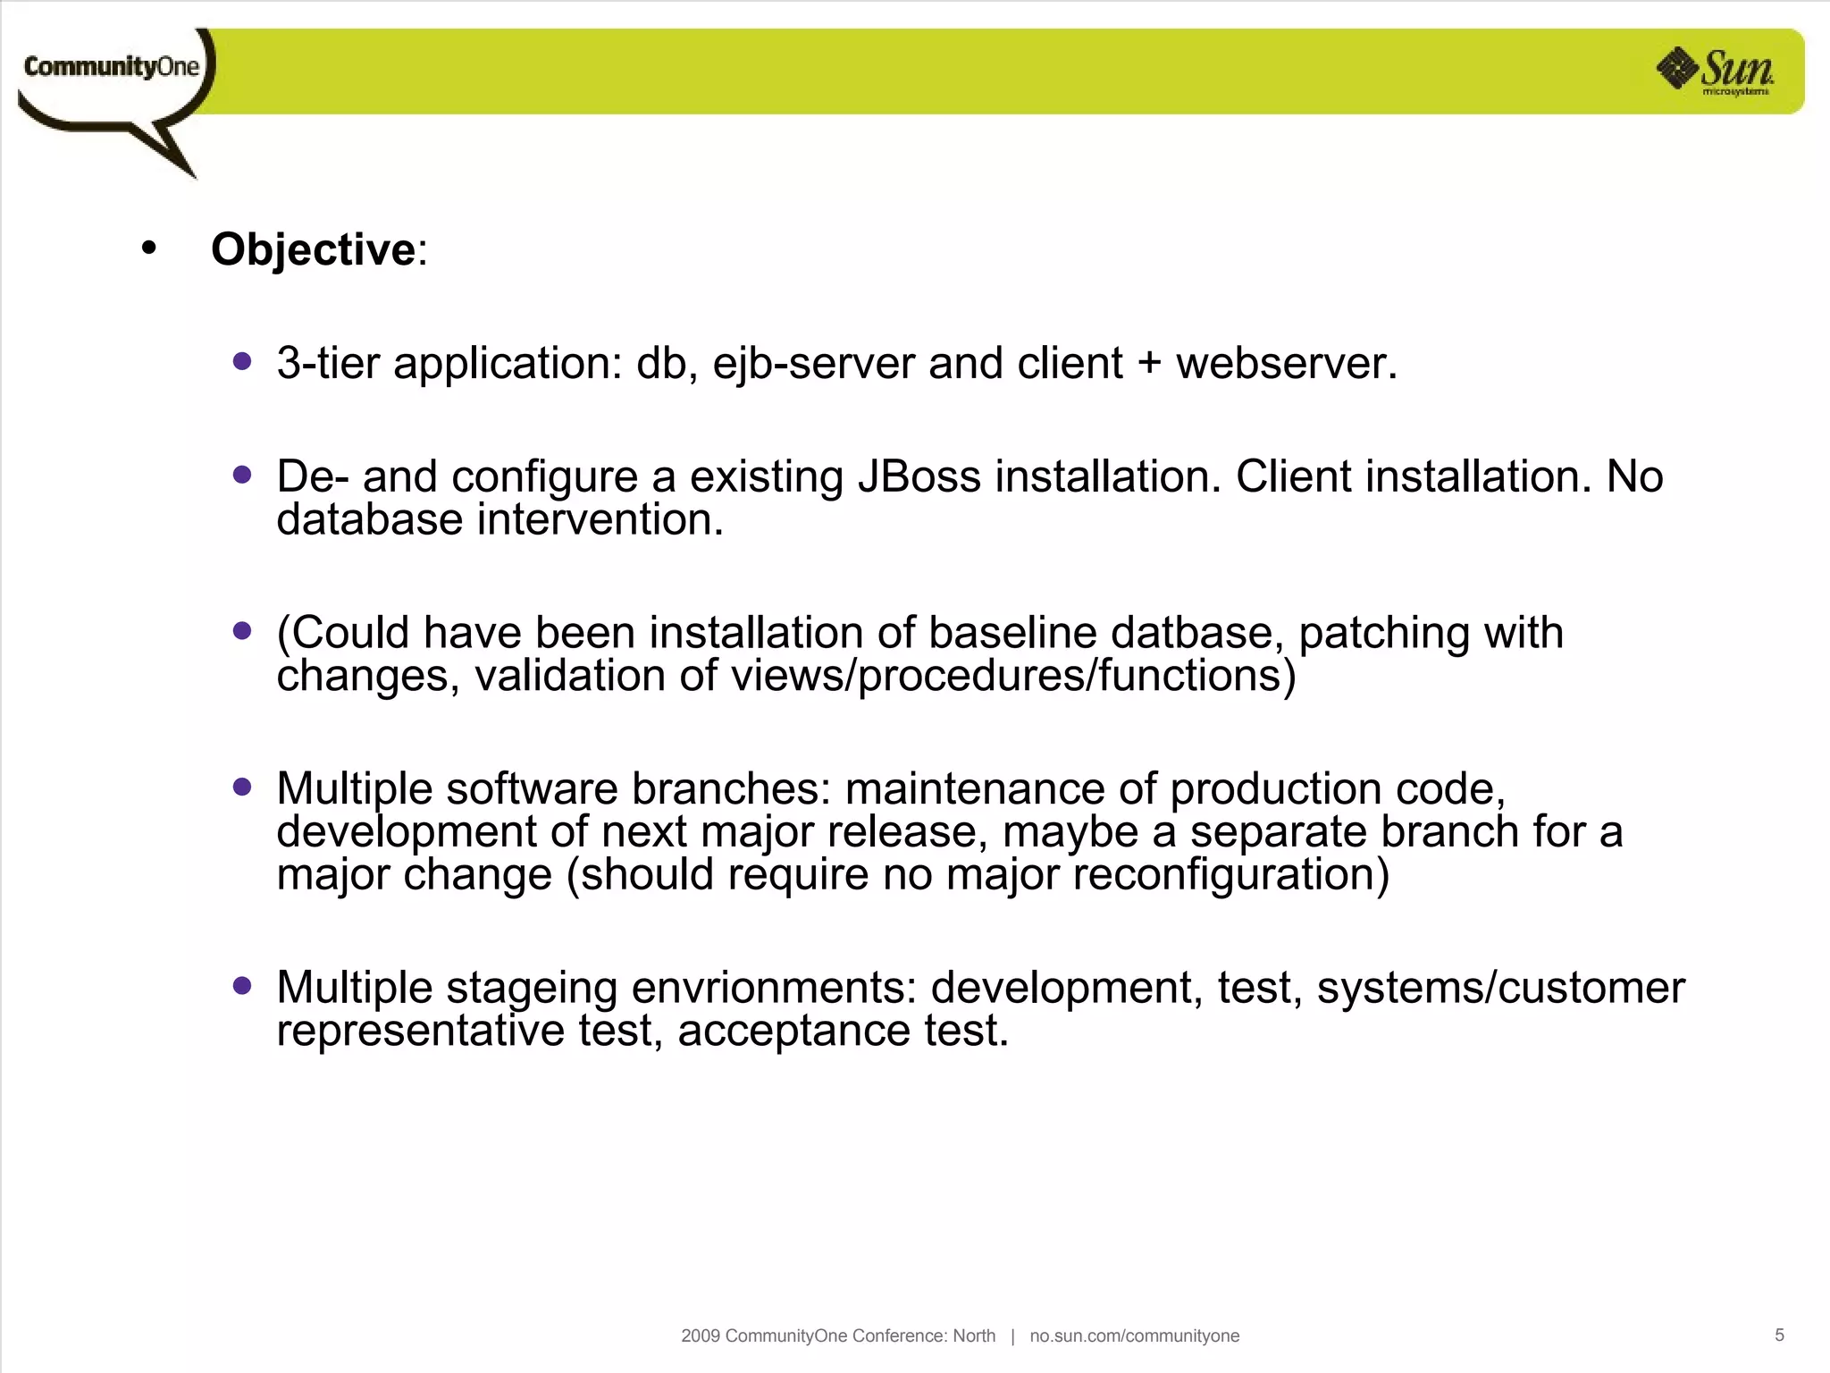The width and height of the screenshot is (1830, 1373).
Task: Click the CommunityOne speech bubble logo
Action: coord(112,80)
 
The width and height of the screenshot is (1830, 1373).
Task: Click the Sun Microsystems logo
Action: coord(1716,71)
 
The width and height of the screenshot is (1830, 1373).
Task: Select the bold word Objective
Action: coord(313,249)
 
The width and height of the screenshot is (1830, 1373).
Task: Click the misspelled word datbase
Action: coord(1196,633)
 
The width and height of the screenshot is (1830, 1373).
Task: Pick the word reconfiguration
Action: coord(1230,874)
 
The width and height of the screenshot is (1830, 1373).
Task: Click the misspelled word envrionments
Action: coord(774,988)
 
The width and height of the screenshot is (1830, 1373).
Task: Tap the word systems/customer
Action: coord(1500,988)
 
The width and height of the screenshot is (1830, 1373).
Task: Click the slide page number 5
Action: coord(1778,1335)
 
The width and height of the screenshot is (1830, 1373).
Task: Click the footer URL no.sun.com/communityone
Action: coord(1134,1335)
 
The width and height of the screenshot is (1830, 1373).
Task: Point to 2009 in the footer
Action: coord(700,1335)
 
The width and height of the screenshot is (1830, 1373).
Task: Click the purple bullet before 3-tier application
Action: coord(241,361)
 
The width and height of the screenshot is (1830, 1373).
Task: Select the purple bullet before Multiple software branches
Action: coord(241,787)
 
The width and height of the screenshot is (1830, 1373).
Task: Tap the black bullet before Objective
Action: coord(148,248)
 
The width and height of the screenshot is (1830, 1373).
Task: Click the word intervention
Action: coord(600,519)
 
